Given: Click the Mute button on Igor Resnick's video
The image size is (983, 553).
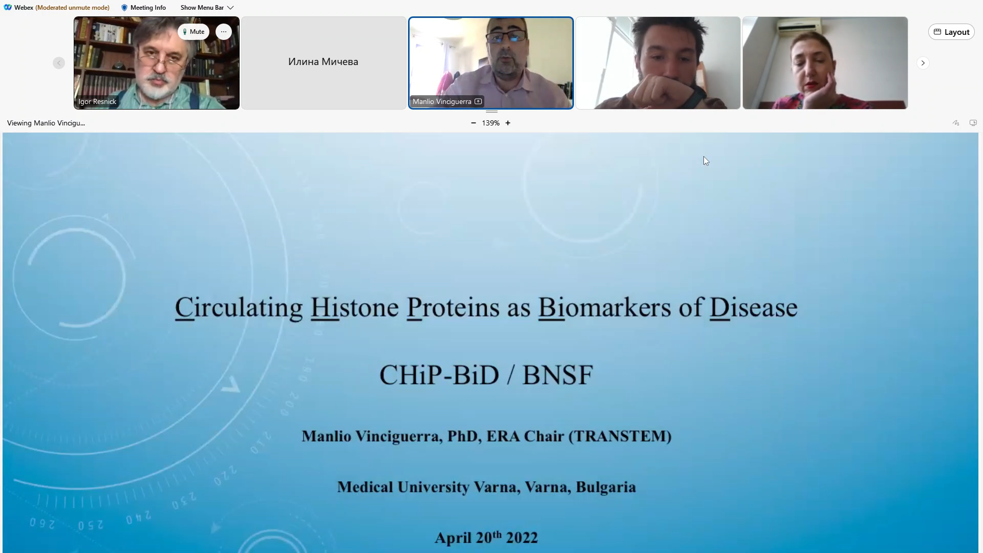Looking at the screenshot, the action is [x=194, y=32].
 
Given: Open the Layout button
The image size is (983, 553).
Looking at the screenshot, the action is [x=951, y=32].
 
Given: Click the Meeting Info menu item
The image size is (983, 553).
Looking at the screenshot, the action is [x=143, y=8].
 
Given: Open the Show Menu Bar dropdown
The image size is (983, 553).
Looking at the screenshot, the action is [x=207, y=8].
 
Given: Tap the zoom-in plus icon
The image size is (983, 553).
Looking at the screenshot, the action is [x=508, y=123].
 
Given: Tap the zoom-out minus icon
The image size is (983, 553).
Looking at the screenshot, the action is [x=474, y=123].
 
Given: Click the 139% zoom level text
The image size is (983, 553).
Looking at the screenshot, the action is [x=490, y=123].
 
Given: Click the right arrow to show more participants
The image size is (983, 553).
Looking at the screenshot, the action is [x=923, y=63].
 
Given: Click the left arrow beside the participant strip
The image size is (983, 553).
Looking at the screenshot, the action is [x=59, y=63].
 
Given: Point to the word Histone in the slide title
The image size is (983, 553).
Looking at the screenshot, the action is [x=354, y=308].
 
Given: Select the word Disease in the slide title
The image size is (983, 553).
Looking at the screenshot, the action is [x=753, y=308].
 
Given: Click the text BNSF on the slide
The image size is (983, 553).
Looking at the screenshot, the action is [x=558, y=375].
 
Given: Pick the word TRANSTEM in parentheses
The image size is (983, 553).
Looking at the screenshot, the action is [x=620, y=436].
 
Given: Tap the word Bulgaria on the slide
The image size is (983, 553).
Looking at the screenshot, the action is [x=606, y=487].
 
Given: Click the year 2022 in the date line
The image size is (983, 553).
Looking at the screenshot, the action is [x=522, y=538].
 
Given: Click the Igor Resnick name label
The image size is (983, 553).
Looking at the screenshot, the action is [x=97, y=101].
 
